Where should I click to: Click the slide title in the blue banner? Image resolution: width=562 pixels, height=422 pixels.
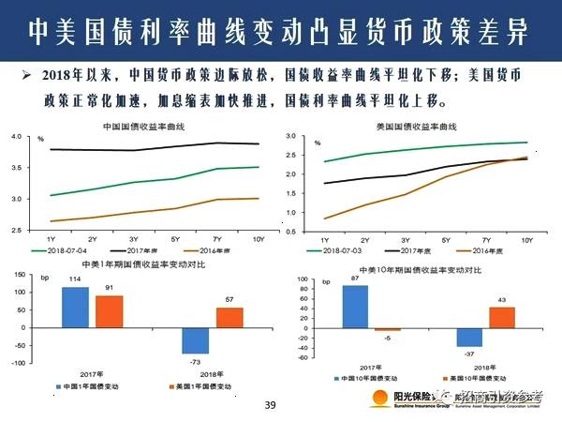tap(281, 31)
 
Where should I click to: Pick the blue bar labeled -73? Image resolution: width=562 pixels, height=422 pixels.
tap(195, 340)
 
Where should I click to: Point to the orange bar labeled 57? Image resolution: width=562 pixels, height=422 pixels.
tap(229, 318)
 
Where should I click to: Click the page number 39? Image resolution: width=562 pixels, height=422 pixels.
tap(270, 405)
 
